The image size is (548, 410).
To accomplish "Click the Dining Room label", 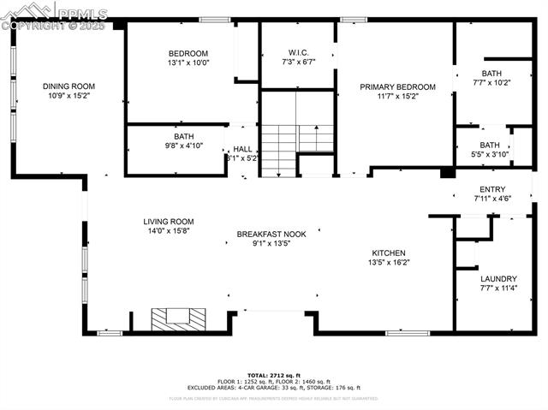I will (68, 86).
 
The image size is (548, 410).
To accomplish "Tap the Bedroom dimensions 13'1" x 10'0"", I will (188, 62).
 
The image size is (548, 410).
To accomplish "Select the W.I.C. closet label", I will (298, 52).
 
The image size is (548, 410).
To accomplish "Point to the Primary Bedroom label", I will (397, 86).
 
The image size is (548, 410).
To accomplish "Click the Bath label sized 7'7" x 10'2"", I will (491, 73).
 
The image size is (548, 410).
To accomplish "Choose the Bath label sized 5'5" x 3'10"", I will (490, 145).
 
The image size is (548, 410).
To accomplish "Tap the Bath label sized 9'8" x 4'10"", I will (184, 136).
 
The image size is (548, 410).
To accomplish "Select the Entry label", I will (492, 189).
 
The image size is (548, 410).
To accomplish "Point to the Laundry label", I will (498, 278).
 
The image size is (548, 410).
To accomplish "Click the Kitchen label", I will (388, 253).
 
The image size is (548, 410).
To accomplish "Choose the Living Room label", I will (169, 221).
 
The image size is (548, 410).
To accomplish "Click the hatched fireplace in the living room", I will (179, 319).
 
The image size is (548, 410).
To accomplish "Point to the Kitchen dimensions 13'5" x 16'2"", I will (388, 264).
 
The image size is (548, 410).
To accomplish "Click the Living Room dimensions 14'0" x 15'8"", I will (169, 231).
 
